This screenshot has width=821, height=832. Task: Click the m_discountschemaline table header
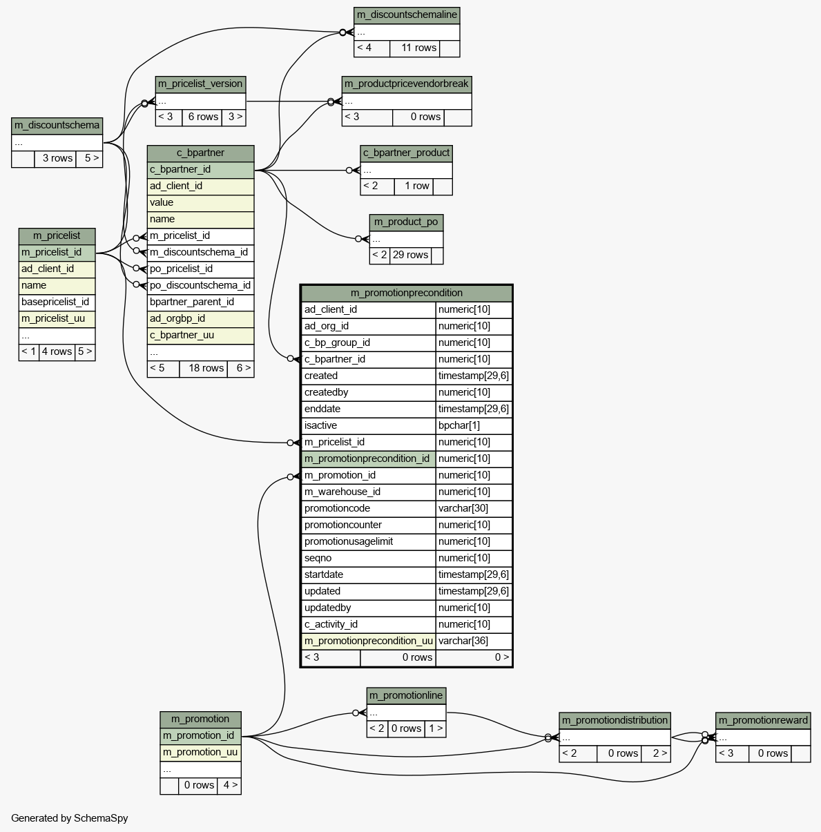click(407, 15)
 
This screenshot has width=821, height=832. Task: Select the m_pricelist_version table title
click(200, 84)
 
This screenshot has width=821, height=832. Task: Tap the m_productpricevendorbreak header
click(407, 84)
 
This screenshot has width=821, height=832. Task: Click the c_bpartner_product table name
click(407, 153)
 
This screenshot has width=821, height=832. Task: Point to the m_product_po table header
click(406, 222)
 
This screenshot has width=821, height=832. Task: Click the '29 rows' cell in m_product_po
click(410, 255)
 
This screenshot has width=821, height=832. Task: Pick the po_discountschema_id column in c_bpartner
click(200, 286)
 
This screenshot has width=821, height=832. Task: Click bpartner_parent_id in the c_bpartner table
click(192, 302)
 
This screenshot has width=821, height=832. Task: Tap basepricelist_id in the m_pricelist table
click(55, 302)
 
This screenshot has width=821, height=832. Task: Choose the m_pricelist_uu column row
click(53, 319)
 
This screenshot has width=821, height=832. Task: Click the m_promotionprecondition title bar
click(407, 293)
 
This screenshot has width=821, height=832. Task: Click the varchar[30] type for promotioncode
click(463, 509)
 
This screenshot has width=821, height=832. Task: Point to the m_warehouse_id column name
click(342, 492)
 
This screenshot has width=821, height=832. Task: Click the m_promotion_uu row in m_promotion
click(200, 753)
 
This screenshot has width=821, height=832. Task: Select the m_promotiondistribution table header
click(615, 721)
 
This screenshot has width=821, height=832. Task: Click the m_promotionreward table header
click(763, 721)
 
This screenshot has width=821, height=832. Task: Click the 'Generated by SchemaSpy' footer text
click(70, 819)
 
